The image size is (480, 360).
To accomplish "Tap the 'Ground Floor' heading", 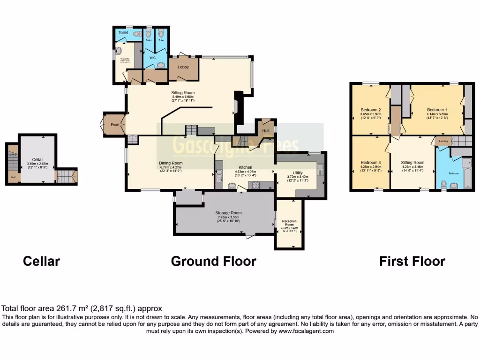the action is (213, 261).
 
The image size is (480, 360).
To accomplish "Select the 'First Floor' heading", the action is (412, 261).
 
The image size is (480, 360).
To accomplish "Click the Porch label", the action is (113, 125).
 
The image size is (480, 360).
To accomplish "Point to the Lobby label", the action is (183, 67).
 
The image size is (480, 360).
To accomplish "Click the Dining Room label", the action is (171, 163).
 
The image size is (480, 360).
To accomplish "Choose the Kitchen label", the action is (246, 167).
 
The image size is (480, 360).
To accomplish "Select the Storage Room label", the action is (228, 213).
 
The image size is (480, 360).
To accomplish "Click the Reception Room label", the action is (289, 223).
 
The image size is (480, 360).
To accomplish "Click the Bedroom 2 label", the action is (370, 110).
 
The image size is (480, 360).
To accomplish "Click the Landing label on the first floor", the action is (443, 141).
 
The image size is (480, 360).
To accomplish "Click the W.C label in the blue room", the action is (153, 58).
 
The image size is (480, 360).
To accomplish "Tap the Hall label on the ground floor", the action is (266, 131).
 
